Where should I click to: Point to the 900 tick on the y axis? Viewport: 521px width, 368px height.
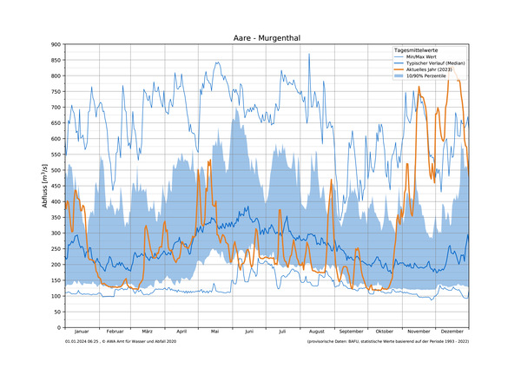click(x=55, y=44)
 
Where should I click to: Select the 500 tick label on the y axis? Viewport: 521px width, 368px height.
click(x=55, y=170)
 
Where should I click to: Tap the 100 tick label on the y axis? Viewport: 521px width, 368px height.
click(x=55, y=296)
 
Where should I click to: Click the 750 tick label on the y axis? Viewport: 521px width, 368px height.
click(x=55, y=91)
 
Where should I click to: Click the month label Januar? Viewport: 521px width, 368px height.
click(x=82, y=332)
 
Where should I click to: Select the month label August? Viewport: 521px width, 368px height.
click(x=317, y=332)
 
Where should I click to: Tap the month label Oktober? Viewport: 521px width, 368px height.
click(x=385, y=332)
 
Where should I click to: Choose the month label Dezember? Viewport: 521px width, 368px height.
click(x=452, y=332)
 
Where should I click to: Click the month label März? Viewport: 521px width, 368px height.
click(x=148, y=332)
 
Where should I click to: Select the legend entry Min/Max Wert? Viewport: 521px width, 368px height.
click(x=421, y=57)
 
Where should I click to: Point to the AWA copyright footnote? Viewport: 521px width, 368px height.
click(x=121, y=343)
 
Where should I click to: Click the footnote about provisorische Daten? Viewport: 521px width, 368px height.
click(x=386, y=343)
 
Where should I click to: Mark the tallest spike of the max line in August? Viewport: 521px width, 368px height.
click(x=309, y=55)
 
